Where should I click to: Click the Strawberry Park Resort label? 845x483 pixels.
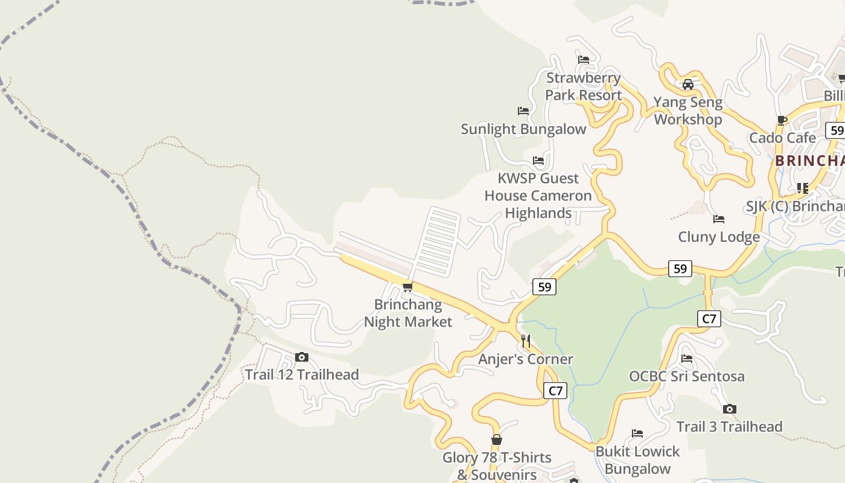point(583,86)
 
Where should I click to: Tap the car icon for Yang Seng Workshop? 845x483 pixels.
point(687,84)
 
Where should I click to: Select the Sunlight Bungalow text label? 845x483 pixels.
point(523,129)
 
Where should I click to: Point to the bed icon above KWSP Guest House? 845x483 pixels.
point(538,161)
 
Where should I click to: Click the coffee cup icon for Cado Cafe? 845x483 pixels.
point(782,120)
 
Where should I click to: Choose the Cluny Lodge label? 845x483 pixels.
point(718,237)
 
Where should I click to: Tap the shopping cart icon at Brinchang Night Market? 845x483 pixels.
point(408,287)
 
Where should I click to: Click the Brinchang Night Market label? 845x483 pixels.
point(408,313)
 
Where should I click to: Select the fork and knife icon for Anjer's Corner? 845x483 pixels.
point(526,341)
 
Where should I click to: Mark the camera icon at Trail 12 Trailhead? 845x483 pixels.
point(302,357)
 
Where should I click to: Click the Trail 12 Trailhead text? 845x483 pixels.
point(302,375)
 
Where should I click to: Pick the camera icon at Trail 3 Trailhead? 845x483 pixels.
point(729,409)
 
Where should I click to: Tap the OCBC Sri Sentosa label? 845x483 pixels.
point(687,377)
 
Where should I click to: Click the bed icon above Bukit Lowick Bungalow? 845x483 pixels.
point(637,433)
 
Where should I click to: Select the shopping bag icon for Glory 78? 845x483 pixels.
point(497,440)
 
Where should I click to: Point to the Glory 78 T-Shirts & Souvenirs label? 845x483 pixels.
point(497,466)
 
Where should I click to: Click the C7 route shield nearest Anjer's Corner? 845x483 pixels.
point(555,391)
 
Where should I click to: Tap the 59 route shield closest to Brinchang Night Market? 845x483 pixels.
point(544,287)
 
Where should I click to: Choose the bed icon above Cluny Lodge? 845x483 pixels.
point(718,219)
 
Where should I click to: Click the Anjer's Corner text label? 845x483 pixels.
point(526,359)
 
